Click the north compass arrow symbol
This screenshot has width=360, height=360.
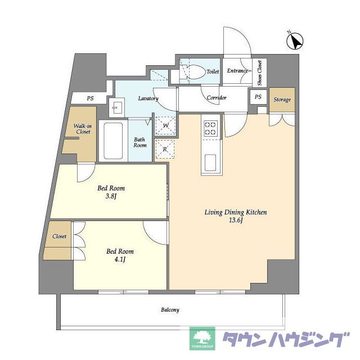click(x=295, y=41)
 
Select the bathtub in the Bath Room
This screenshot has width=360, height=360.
click(x=113, y=141)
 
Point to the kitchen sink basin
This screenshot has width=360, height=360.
click(x=210, y=163)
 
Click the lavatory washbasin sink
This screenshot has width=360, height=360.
click(x=116, y=107)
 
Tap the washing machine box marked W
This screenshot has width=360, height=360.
click(x=165, y=125)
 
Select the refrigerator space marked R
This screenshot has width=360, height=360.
click(x=165, y=149)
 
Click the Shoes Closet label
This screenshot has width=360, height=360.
click(x=260, y=73)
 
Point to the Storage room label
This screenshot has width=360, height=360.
click(x=282, y=100)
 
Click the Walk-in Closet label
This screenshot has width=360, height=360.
click(x=83, y=129)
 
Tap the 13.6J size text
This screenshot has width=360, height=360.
click(x=236, y=220)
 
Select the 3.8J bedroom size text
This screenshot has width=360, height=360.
click(x=111, y=196)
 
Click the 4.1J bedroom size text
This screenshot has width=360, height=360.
click(x=120, y=260)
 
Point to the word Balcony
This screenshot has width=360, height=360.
click(x=170, y=310)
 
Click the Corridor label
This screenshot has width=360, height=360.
click(x=217, y=97)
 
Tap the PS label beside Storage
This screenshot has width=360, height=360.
click(x=258, y=97)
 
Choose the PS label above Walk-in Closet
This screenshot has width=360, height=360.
click(x=90, y=98)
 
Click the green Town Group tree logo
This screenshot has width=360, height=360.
click(x=202, y=339)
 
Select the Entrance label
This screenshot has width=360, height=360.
click(x=237, y=71)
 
